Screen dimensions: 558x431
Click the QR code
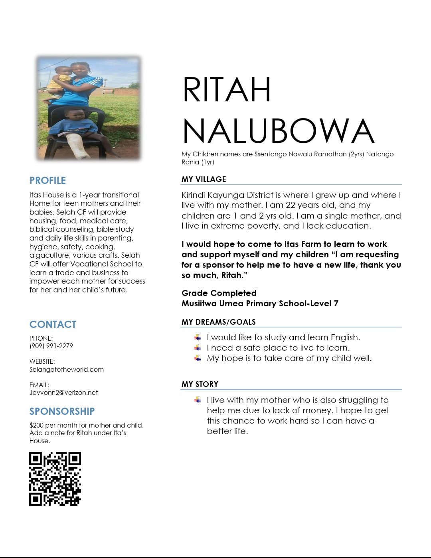55,479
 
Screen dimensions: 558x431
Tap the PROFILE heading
47,180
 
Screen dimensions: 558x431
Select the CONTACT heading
53,324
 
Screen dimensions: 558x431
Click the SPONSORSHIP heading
62,411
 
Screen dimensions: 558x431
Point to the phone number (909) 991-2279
51,346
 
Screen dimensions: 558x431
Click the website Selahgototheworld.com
67,369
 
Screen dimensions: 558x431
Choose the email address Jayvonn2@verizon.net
63,392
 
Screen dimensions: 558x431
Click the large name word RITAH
227,90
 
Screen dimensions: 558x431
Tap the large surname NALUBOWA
278,131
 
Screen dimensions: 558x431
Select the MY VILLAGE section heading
204,179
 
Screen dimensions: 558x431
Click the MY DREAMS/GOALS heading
218,322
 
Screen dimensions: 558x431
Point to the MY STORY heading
200,384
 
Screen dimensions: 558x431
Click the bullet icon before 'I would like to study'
198,337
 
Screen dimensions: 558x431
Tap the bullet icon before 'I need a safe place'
198,348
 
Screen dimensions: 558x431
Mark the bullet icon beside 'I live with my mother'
198,400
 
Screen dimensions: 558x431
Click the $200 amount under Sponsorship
36,425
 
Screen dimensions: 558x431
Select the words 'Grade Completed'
219,293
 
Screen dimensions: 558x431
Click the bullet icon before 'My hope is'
198,358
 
